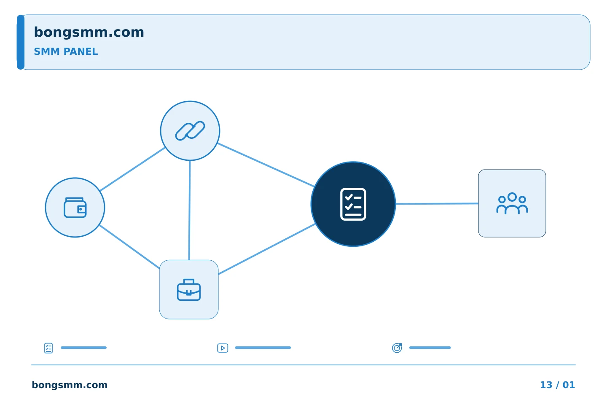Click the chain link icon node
190,131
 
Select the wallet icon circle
75,208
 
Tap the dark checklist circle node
353,204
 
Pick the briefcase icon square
189,289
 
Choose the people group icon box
512,203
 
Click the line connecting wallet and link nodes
132,169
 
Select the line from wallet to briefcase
129,246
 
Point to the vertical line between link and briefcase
189,210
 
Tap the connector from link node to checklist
266,165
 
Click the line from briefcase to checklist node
267,249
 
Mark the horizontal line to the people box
437,203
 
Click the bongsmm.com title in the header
89,32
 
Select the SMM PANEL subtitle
66,51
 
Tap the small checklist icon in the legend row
48,348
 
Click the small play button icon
223,348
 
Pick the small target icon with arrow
397,348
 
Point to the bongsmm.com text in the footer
70,385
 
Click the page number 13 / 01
557,385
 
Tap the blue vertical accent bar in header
21,42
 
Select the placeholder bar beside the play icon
263,348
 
